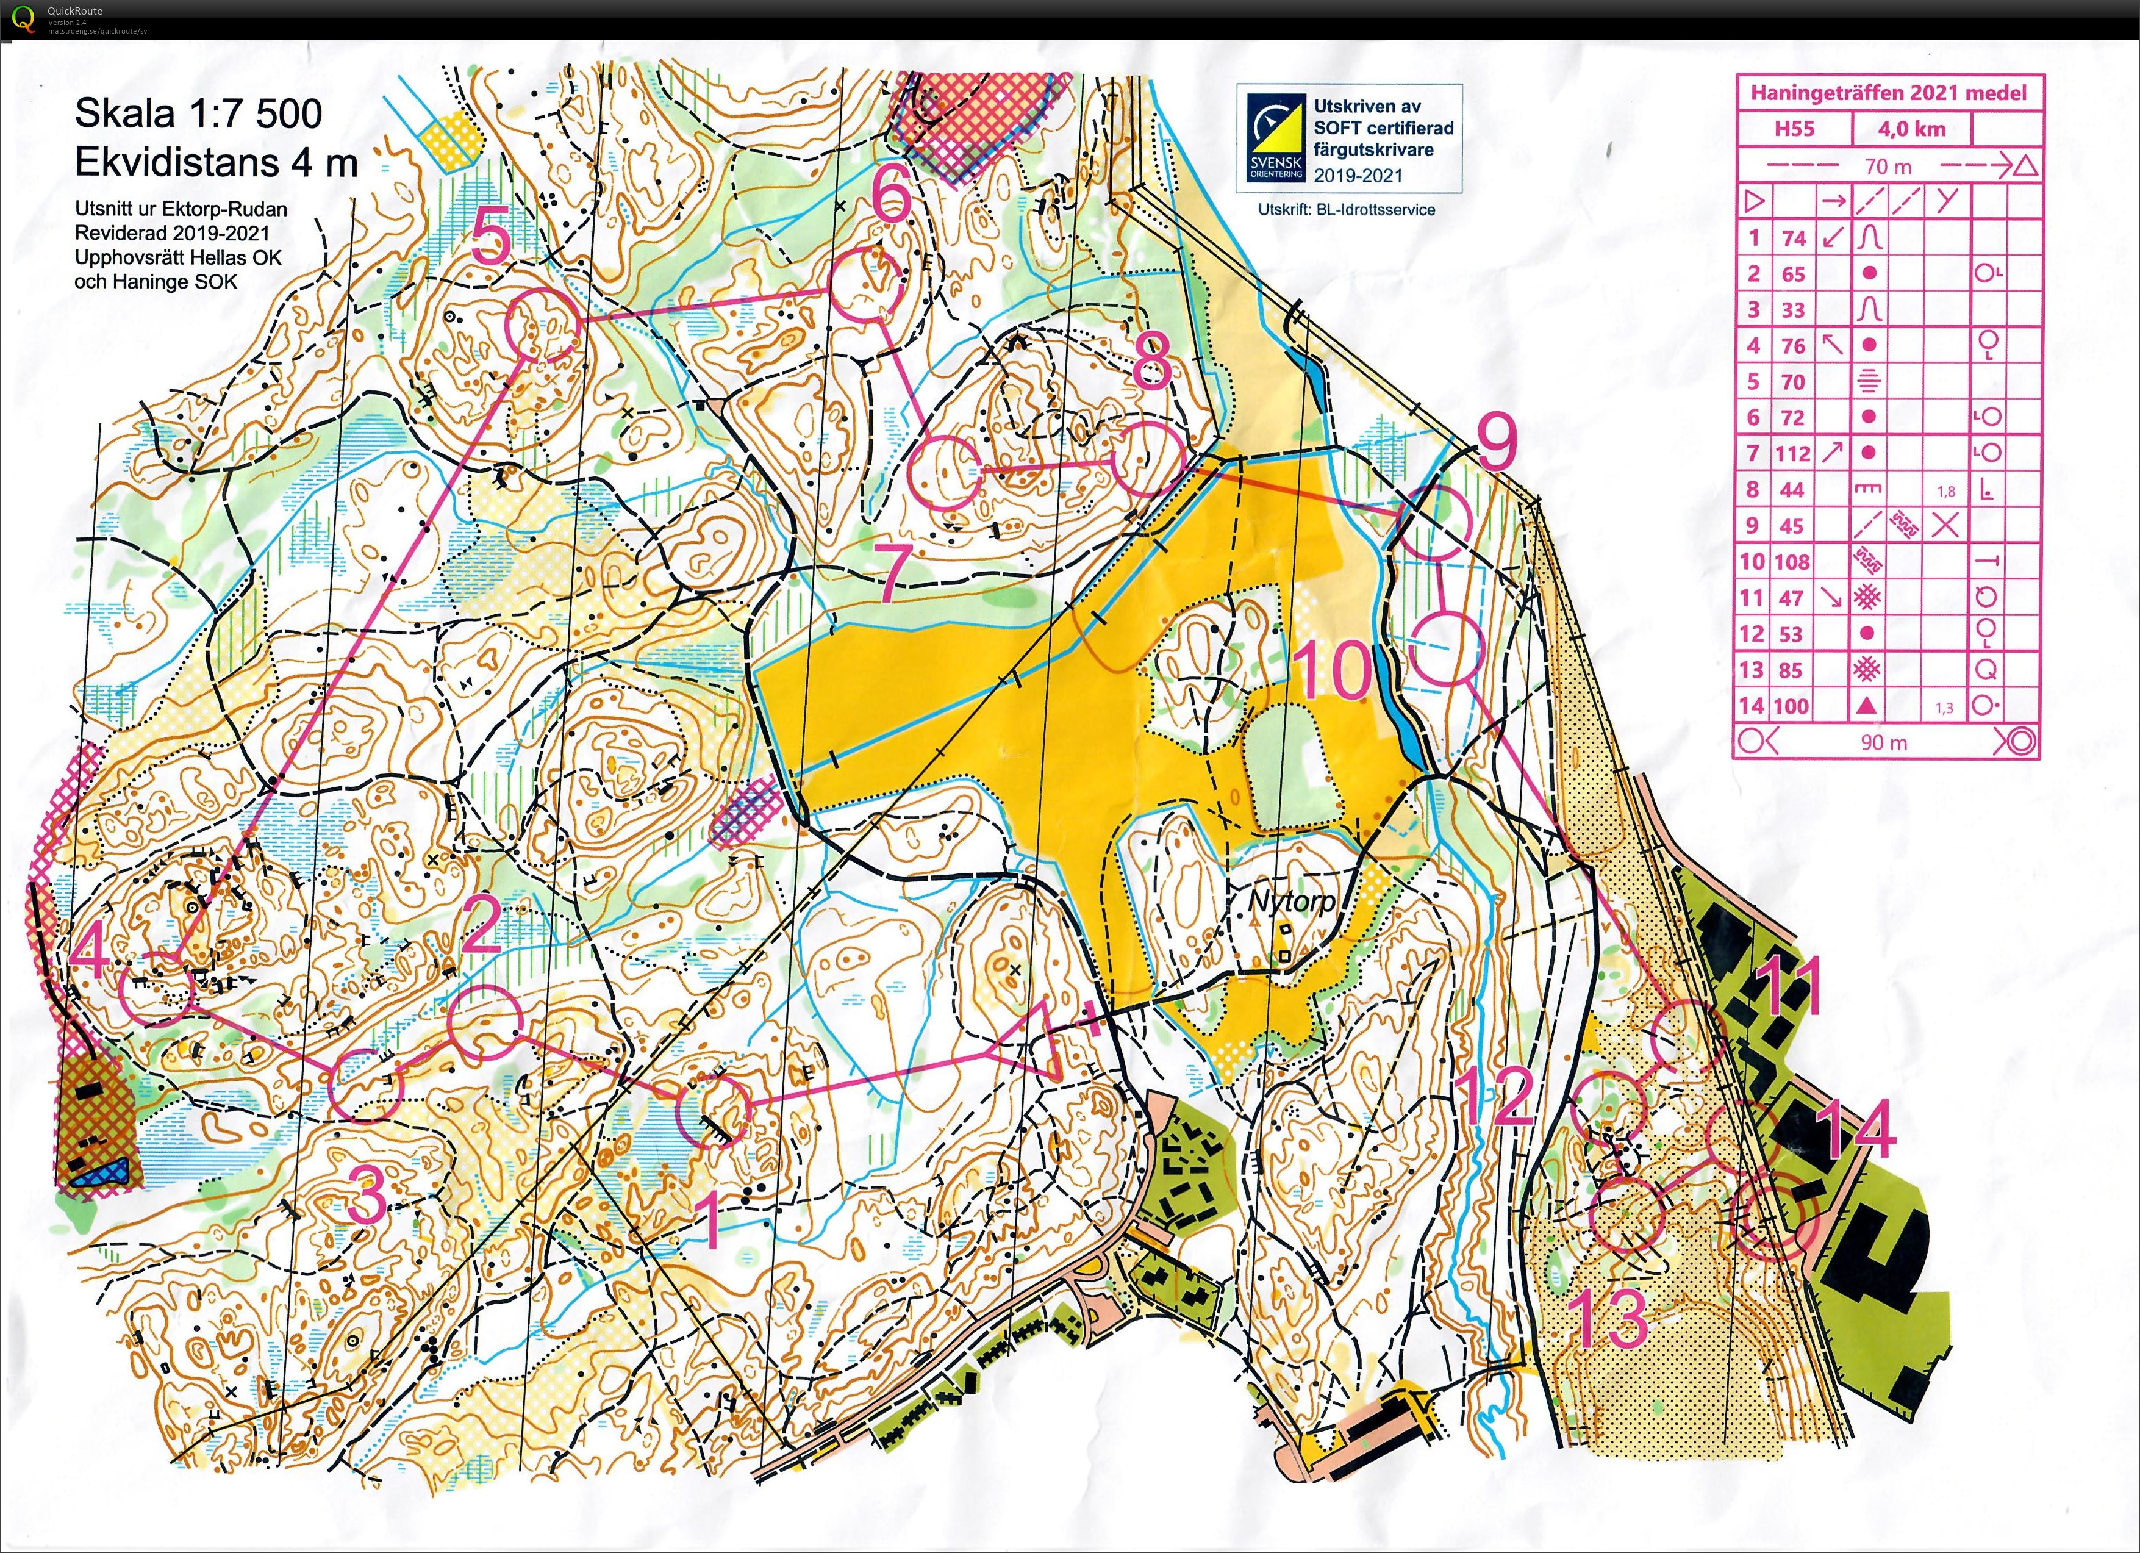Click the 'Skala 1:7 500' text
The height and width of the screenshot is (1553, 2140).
point(198,114)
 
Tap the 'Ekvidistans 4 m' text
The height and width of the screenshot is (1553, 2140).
point(216,163)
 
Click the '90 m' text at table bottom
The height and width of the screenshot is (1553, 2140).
point(1883,742)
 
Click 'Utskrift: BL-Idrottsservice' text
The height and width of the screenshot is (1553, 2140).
point(1347,209)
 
